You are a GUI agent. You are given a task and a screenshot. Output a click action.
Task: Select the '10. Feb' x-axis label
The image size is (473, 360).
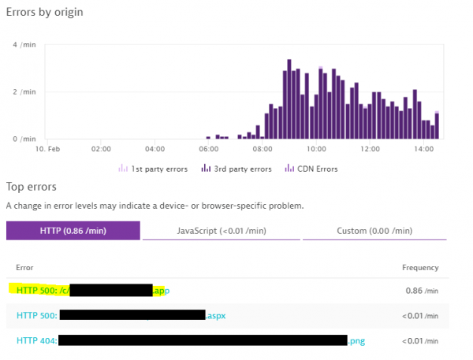(47, 148)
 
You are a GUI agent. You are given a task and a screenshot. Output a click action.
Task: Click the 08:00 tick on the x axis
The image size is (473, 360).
(263, 148)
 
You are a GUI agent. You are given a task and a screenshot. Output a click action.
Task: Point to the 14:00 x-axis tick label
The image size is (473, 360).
(424, 148)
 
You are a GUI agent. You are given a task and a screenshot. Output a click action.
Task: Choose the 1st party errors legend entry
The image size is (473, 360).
(155, 168)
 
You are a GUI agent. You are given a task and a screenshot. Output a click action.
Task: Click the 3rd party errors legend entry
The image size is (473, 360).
(236, 168)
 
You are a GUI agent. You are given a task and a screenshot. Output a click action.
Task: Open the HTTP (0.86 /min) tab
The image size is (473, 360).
(73, 231)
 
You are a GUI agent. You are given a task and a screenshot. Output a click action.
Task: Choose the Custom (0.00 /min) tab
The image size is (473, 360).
(374, 231)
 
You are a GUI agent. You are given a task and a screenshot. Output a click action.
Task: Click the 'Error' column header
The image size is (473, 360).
(24, 268)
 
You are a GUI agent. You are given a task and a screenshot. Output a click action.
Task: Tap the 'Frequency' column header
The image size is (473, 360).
(419, 268)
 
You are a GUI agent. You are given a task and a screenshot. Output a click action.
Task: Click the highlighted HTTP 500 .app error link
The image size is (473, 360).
(91, 291)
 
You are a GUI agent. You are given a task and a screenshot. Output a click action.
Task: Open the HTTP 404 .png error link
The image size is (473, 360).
(189, 340)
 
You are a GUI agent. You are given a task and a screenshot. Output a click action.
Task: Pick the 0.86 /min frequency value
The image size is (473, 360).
(418, 291)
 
